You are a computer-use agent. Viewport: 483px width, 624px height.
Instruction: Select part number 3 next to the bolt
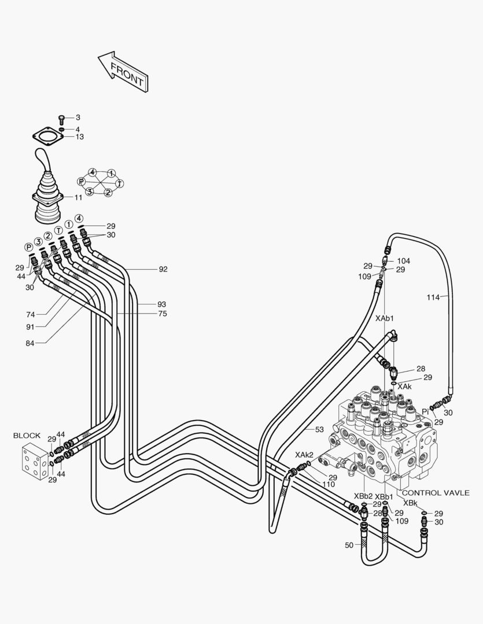coord(78,117)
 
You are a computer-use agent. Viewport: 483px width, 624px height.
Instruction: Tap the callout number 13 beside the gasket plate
coord(80,137)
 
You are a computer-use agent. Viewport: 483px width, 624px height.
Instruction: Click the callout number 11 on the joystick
coord(78,198)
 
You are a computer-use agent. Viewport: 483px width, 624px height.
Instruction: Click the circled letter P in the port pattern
coord(82,181)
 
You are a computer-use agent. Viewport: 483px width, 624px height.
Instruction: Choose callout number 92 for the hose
coord(163,269)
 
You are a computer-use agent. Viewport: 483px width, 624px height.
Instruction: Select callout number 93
coord(161,304)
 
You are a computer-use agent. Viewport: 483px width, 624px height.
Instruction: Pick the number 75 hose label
coord(163,313)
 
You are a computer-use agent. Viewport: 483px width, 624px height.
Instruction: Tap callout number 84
coord(30,343)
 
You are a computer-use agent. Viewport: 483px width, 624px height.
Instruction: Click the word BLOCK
coord(27,435)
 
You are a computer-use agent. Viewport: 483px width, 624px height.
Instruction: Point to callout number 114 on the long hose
coord(433,297)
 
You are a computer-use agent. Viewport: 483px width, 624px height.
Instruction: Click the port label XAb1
coord(385,318)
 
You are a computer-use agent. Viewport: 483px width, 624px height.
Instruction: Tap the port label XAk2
coord(304,455)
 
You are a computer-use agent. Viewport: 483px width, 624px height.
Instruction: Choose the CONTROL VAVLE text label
coord(435,493)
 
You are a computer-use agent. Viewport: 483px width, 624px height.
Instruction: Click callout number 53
coord(319,429)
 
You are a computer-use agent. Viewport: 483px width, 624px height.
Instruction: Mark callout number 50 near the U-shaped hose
coord(349,545)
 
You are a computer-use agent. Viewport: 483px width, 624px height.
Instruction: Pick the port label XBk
coord(410,503)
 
